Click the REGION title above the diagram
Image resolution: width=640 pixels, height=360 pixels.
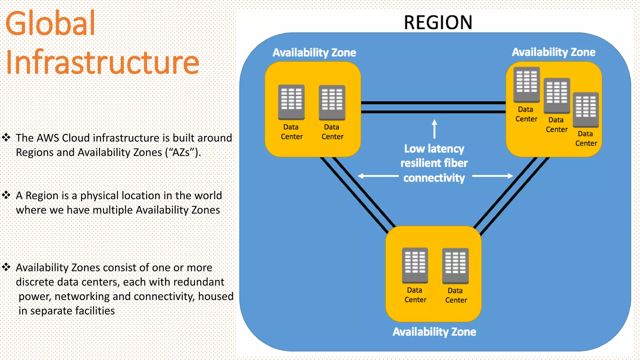click(438, 22)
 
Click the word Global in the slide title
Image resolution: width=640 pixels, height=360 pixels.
click(50, 23)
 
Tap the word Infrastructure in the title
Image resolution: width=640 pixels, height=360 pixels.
click(102, 62)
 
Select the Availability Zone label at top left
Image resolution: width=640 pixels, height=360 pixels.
click(314, 52)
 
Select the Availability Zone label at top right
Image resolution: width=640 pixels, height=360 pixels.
click(553, 52)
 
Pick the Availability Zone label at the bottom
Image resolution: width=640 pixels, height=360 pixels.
click(434, 332)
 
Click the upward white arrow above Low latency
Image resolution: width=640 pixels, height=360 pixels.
click(434, 128)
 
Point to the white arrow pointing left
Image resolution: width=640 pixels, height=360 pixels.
click(377, 176)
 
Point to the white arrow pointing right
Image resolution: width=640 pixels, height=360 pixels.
click(493, 176)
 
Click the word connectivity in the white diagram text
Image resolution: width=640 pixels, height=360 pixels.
click(434, 178)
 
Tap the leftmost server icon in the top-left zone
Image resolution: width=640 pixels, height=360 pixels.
click(291, 102)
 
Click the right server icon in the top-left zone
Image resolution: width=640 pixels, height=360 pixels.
click(332, 102)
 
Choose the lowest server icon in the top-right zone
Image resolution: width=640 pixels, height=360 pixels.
click(586, 109)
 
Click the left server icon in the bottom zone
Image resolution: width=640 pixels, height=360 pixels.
click(415, 265)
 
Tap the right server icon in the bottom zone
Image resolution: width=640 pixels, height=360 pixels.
click(455, 266)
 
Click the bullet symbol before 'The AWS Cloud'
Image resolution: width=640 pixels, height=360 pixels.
click(6, 137)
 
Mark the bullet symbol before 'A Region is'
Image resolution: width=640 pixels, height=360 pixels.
click(6, 195)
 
